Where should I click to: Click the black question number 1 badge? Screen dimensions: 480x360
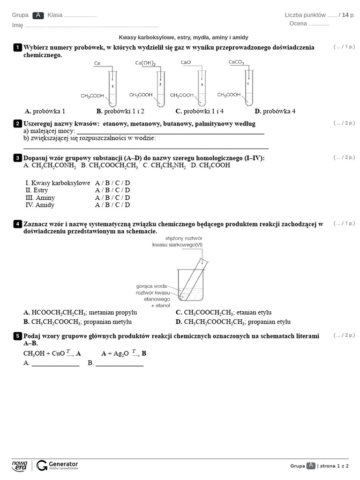click(17, 47)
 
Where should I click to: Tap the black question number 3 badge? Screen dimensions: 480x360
click(17, 158)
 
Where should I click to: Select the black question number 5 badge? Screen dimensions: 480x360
click(17, 336)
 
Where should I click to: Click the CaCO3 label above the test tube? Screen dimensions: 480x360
click(236, 62)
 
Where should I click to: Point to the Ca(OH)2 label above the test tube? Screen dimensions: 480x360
click(145, 63)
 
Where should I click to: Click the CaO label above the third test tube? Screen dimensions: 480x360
click(186, 62)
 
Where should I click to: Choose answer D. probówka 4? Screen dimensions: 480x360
click(275, 111)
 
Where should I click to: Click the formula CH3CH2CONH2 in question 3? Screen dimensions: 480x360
click(50, 165)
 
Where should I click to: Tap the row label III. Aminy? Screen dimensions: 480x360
click(40, 197)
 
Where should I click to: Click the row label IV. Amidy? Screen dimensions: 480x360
click(40, 205)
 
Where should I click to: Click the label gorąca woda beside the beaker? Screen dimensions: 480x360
click(151, 285)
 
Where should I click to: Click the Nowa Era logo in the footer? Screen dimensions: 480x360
click(20, 465)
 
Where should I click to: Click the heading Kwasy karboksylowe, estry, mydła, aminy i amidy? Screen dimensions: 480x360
click(183, 37)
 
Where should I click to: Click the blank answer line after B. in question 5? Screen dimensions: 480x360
click(120, 363)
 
